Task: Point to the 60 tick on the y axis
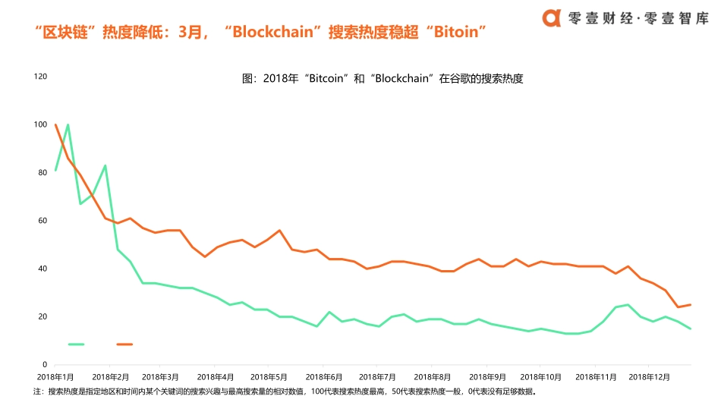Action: point(43,221)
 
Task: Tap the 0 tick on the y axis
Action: point(45,365)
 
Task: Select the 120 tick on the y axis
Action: point(40,77)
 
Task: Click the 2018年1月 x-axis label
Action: point(55,376)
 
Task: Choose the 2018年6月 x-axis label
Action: point(325,376)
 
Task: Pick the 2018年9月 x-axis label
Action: point(487,376)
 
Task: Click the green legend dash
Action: point(76,344)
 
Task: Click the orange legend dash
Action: point(124,344)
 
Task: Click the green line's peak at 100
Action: point(68,124)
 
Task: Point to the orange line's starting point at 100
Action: point(55,124)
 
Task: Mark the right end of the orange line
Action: point(691,305)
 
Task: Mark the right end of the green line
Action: point(691,329)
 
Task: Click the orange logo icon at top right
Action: point(553,17)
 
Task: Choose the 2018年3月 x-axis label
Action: point(162,376)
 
